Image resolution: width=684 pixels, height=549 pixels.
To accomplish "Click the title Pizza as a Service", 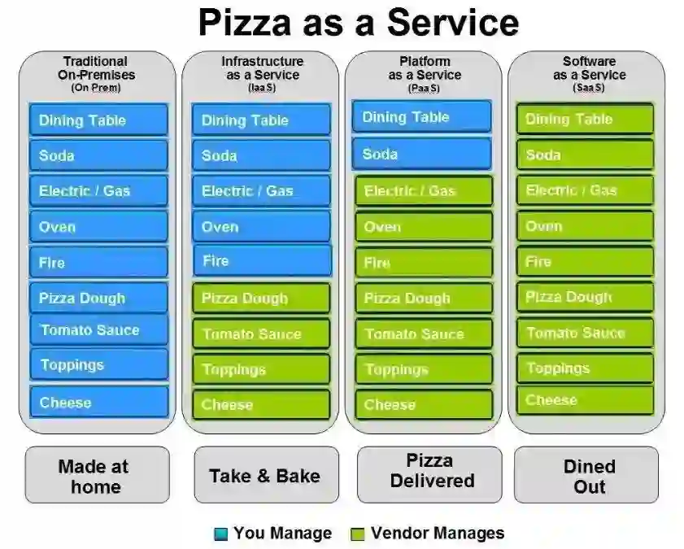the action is (x=358, y=22).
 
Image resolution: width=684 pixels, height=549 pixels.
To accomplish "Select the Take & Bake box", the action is (x=265, y=476).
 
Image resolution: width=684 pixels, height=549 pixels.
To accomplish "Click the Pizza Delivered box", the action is (x=431, y=471).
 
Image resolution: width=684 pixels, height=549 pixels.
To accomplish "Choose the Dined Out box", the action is (x=589, y=476).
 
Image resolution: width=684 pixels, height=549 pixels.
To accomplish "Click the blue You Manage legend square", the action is (x=220, y=534).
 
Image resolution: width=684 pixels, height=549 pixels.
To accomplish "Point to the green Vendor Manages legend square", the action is (x=356, y=534).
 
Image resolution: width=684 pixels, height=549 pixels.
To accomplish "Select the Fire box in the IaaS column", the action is (x=262, y=261).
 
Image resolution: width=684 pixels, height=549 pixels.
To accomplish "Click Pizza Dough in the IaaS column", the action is (x=262, y=298).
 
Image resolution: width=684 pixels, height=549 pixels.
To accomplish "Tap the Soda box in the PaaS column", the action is (x=421, y=154).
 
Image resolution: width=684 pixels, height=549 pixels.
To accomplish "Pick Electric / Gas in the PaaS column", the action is (x=424, y=191).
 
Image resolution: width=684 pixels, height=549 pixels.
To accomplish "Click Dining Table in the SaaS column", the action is (x=585, y=119).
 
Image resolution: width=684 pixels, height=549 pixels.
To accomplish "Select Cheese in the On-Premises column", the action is (x=99, y=402).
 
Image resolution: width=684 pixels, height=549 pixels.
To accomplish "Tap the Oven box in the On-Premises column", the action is (x=99, y=227).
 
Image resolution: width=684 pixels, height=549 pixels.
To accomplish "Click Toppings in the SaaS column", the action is (x=585, y=368).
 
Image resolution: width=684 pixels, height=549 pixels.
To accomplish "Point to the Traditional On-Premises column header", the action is (x=96, y=72).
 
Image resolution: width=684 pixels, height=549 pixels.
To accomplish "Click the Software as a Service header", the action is (x=589, y=72).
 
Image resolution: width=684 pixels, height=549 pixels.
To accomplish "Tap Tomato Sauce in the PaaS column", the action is (x=424, y=333).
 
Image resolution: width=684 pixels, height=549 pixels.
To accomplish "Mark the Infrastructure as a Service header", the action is (x=262, y=72).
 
